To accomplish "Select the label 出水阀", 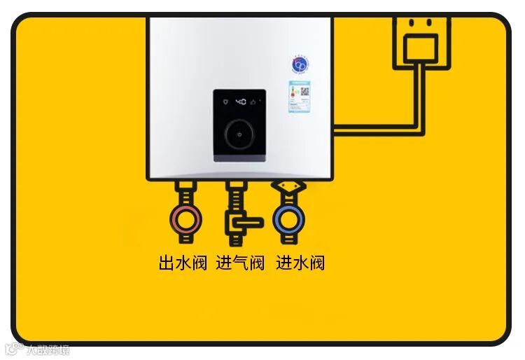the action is (183, 263).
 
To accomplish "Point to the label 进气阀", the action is (240, 263).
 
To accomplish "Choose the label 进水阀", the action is (300, 263).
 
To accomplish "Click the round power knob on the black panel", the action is (239, 132).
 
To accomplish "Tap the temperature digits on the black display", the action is (239, 102).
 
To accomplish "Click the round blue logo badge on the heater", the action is (300, 64).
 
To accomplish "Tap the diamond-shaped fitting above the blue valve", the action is (288, 187).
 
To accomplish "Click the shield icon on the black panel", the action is (223, 102).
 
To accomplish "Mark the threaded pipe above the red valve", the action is (185, 193).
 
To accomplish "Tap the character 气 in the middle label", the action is (240, 263).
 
